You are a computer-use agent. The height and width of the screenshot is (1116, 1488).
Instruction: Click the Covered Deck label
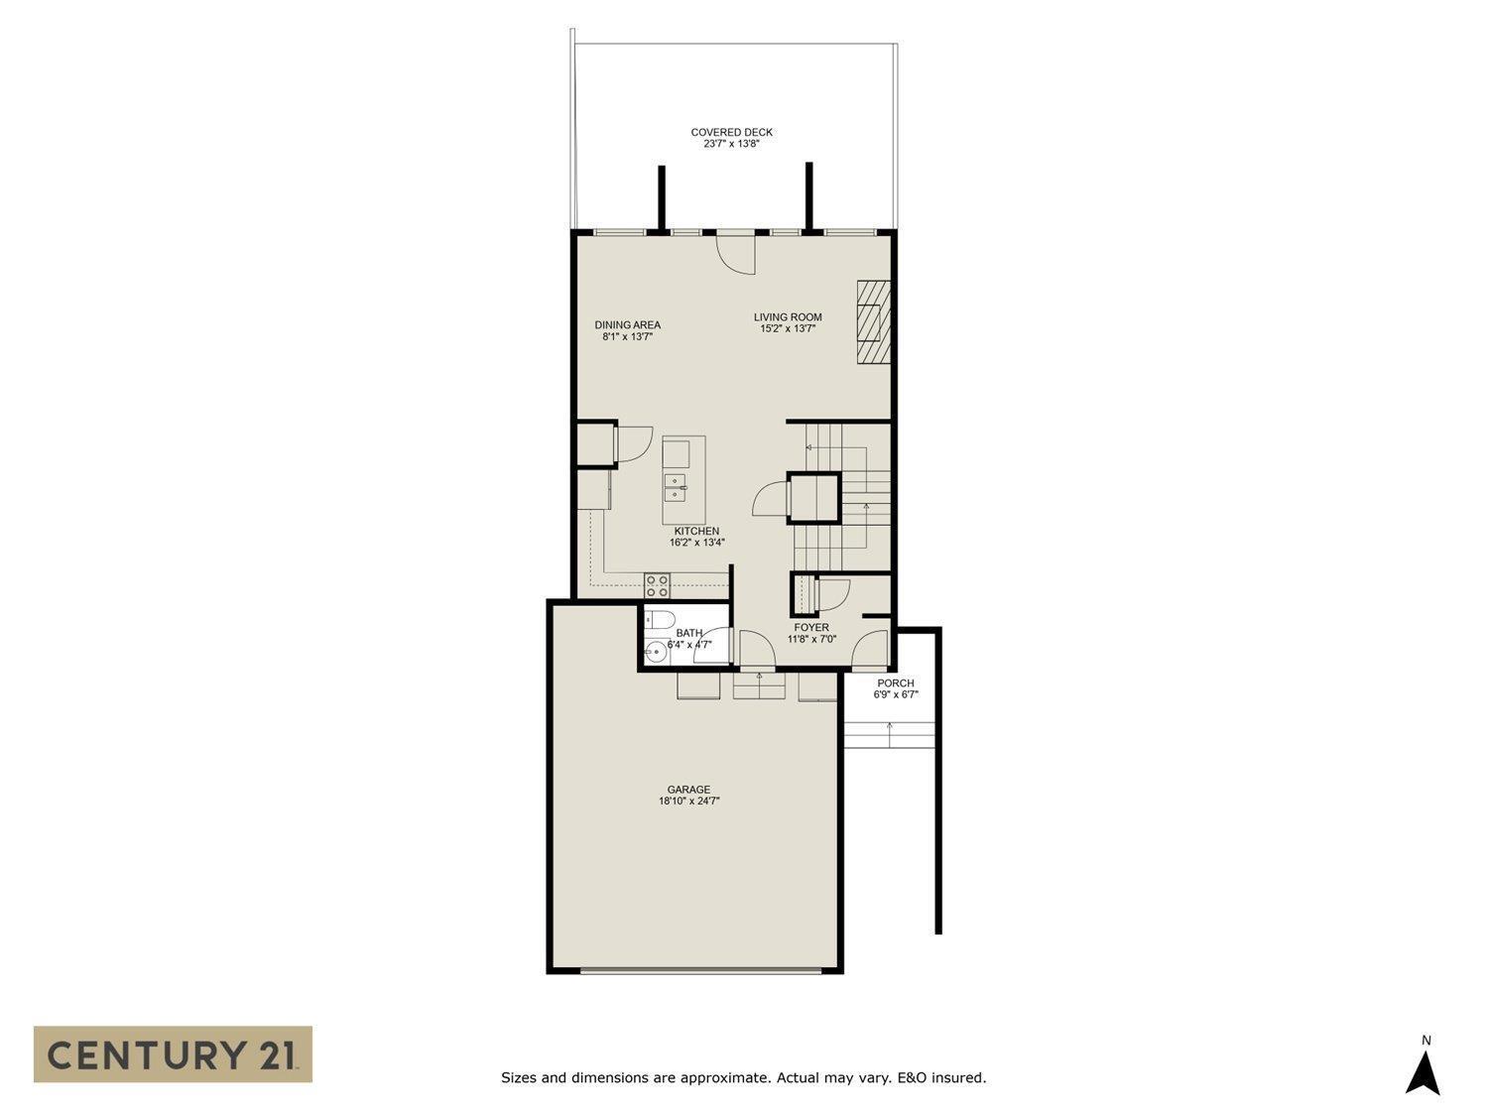(731, 132)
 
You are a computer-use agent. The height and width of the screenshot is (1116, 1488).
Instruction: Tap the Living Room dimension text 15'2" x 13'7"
(788, 329)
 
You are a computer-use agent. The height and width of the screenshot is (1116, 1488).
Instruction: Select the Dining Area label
(627, 324)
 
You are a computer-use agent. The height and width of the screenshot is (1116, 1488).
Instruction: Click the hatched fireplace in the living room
(874, 323)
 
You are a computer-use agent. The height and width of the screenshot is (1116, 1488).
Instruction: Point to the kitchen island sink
(675, 486)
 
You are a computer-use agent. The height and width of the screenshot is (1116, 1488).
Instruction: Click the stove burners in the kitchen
(656, 585)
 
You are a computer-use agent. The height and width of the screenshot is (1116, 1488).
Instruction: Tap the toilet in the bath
(656, 621)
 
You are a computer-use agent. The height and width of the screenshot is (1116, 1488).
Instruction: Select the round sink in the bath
(655, 653)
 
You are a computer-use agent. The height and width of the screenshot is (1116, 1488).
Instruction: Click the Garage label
(688, 790)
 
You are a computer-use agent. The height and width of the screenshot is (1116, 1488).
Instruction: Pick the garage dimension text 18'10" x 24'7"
(688, 802)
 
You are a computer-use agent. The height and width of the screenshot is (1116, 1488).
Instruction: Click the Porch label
(896, 682)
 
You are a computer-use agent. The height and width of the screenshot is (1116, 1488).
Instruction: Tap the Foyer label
(811, 627)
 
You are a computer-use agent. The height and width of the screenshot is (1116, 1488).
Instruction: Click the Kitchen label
(696, 531)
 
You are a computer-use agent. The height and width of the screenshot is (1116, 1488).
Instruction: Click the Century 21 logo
(173, 1054)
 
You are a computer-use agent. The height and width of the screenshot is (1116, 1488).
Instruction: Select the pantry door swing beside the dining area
(632, 443)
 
